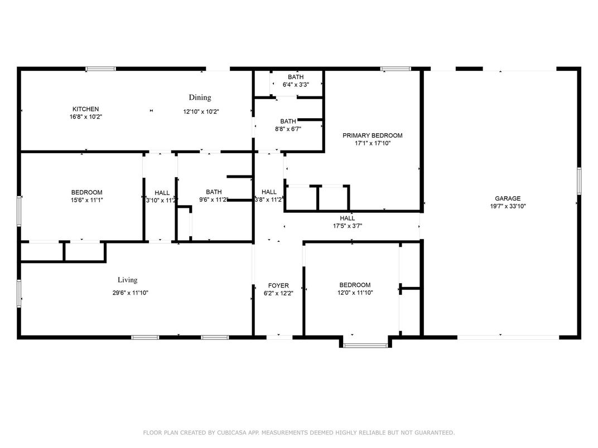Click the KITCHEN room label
coord(85,109)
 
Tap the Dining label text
coord(200,98)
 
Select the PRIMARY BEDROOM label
coord(372,135)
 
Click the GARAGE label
coord(508,198)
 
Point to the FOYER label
coord(278,285)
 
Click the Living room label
coord(127,280)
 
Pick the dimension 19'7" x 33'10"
coord(508,206)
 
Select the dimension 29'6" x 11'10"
coord(131,293)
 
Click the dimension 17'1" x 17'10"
coord(372,143)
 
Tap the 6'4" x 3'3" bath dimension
coord(296,85)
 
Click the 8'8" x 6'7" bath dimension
coord(288,129)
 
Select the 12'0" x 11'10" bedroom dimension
coord(355,293)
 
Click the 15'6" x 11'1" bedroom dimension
coord(86,200)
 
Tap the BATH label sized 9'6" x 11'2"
coord(214,192)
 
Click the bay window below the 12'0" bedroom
coord(365,345)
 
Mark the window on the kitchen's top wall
coord(100,69)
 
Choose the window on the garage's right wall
coord(579,181)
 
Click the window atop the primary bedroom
coord(396,69)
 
